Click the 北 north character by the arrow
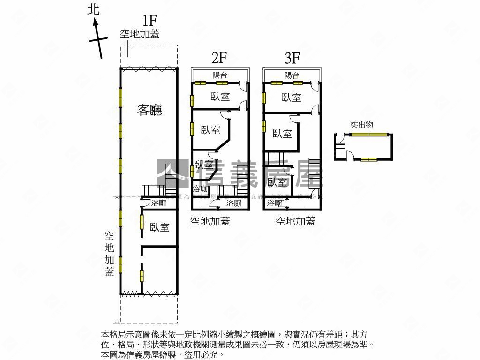94,10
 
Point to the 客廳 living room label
150,110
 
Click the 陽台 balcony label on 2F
220,75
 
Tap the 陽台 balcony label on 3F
292,75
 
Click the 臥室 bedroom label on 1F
160,227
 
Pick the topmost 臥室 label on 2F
220,97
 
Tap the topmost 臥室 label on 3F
292,97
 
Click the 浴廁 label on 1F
159,203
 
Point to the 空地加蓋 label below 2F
210,221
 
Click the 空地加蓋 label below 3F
295,221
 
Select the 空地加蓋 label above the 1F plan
140,34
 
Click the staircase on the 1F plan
153,191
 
